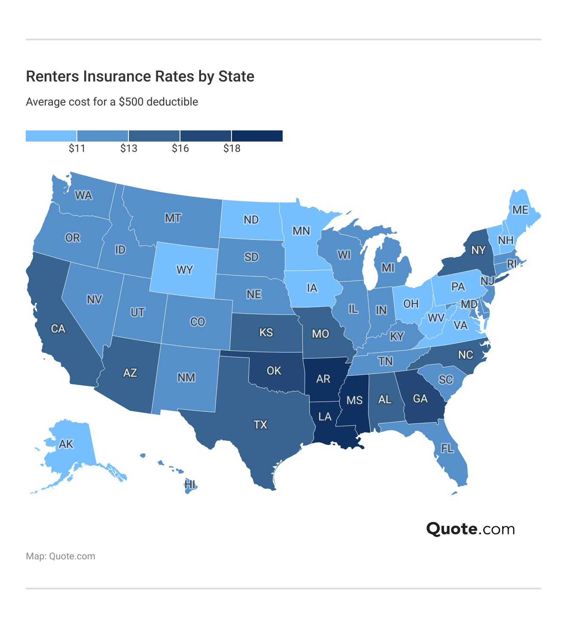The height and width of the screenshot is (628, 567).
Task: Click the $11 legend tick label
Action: tap(77, 148)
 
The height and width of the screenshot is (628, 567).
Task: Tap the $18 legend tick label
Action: tap(232, 148)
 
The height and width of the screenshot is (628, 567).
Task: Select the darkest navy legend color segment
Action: tap(257, 136)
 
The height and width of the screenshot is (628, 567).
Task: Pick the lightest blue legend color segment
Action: tap(51, 136)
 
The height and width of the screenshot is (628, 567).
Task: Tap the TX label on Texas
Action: tap(260, 425)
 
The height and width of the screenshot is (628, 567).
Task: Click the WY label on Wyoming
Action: tap(185, 270)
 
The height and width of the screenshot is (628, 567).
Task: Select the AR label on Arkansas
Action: tap(323, 379)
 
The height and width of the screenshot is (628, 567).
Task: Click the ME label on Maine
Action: tap(520, 210)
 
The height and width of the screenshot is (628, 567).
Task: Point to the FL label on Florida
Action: tap(447, 448)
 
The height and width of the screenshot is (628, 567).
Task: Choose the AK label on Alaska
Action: tap(66, 444)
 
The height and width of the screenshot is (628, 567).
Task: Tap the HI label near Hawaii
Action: tap(189, 485)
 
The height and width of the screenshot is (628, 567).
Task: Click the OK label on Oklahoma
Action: tap(274, 371)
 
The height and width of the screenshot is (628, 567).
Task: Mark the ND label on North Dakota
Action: tap(251, 220)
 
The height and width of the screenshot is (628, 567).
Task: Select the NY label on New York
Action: tap(478, 250)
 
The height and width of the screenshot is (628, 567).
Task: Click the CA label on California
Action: tap(58, 329)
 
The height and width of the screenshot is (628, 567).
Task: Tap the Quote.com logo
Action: tap(470, 529)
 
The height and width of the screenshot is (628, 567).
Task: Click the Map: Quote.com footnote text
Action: tap(61, 556)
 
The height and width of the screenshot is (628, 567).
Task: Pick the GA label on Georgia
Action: tap(420, 399)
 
